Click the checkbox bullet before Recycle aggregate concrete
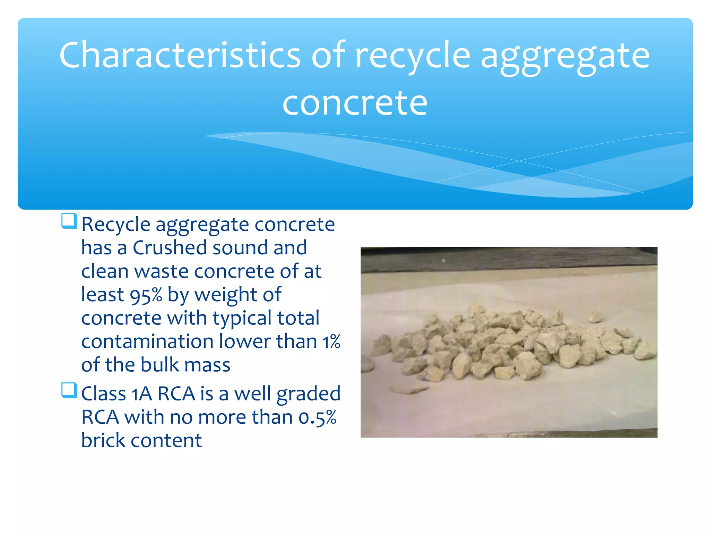pos(69,221)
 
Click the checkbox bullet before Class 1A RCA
pos(69,390)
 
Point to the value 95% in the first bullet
pos(146,295)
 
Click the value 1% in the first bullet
pos(332,341)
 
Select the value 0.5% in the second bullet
pos(317,417)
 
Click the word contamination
pos(147,341)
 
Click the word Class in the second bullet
pos(103,394)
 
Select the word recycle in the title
pos(413,56)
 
